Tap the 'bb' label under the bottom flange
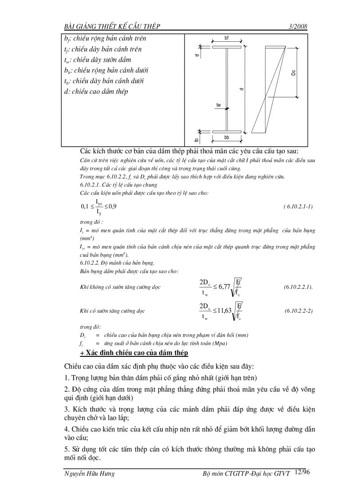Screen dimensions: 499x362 (x=227, y=138)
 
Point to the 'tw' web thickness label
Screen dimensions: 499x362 (x=218, y=105)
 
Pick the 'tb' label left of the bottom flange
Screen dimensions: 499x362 (x=197, y=140)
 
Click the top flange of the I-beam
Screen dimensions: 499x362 (x=227, y=47)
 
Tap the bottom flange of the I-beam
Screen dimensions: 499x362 (x=227, y=132)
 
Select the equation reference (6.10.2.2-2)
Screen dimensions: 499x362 (x=299, y=311)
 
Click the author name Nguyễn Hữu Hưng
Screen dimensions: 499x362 (x=90, y=474)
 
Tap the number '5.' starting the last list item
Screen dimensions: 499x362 (x=67, y=449)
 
